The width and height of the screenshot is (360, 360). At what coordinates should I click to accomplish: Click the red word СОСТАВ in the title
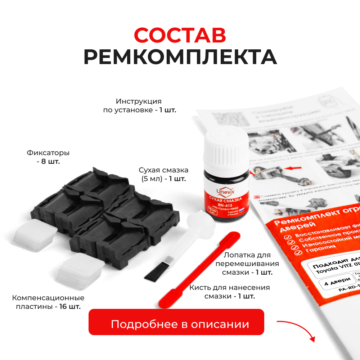click(180, 35)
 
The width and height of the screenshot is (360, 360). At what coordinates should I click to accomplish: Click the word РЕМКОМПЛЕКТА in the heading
click(180, 57)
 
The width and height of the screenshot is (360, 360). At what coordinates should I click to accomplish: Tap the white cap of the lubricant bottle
click(226, 150)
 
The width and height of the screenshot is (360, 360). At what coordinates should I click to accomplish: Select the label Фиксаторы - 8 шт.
click(48, 157)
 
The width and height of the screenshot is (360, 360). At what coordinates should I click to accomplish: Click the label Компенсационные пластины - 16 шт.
click(48, 302)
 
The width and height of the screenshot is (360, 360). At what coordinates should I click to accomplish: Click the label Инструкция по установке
click(139, 105)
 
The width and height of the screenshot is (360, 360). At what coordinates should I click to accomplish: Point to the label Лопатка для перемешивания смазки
click(247, 264)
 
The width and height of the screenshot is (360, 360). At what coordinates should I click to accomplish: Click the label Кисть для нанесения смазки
click(229, 292)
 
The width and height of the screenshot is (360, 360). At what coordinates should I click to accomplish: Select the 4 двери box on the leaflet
click(330, 283)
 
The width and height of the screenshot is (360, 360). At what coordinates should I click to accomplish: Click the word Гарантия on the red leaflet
click(317, 248)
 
